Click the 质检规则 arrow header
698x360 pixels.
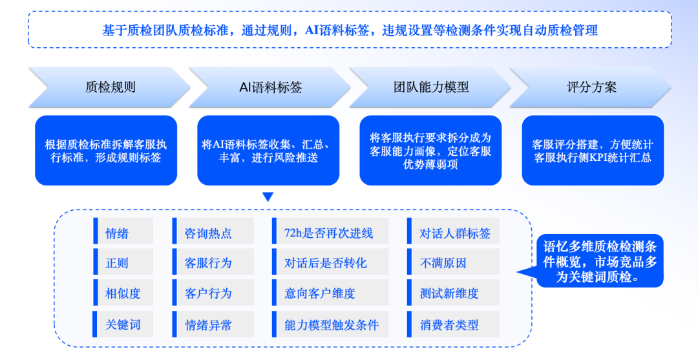coord(110,87)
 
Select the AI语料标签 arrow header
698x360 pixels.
coord(270,87)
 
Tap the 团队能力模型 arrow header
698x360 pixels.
coord(431,87)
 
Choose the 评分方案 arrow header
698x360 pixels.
coord(591,87)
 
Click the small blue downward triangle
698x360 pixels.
coord(268,196)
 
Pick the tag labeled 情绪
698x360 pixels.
coord(123,233)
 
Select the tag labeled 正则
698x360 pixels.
coord(123,263)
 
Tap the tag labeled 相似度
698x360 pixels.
coord(123,293)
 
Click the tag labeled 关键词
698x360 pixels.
coord(123,324)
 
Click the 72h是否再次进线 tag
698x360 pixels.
coord(330,233)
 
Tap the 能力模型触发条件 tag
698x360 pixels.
coord(330,324)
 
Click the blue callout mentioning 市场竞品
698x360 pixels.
coord(598,261)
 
